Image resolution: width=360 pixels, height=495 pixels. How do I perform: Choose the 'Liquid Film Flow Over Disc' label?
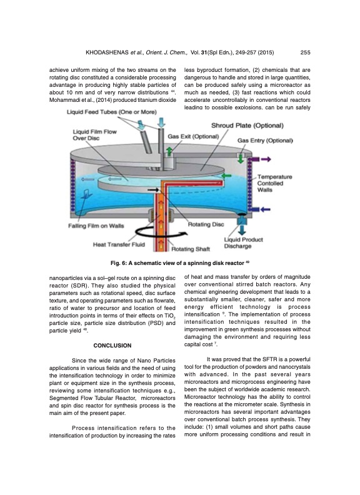(94, 136)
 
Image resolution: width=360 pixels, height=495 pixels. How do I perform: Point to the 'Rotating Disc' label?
(206, 223)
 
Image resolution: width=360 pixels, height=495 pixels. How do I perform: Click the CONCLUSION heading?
(112, 345)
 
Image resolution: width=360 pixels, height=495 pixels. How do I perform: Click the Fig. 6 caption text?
(179, 262)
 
